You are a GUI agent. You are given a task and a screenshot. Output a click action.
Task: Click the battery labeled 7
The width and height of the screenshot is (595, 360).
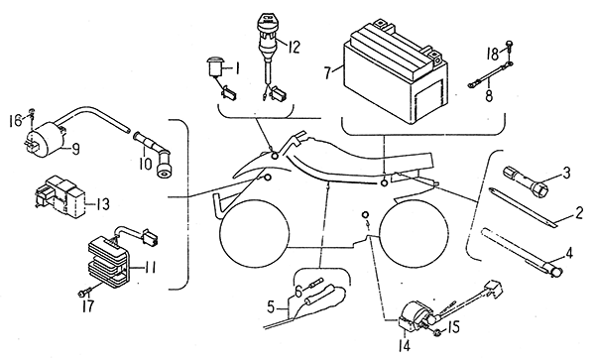coord(395,74)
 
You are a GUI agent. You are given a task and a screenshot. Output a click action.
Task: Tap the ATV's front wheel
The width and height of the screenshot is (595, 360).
coord(254,232)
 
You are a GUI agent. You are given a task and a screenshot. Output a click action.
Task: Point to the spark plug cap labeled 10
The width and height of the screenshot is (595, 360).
coord(153,153)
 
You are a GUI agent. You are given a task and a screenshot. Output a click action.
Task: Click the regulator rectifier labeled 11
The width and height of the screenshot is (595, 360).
coord(109,257)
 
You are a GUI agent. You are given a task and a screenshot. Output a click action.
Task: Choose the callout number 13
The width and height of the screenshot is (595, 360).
coord(101,204)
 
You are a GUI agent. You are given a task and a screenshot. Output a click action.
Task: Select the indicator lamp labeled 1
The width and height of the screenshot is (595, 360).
coord(215,66)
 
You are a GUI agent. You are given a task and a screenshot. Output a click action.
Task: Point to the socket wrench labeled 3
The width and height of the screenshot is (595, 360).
coord(525,180)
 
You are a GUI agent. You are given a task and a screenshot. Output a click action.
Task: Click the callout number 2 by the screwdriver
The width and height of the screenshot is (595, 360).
coord(578,212)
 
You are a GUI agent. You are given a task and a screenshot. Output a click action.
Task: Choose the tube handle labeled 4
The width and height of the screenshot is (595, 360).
coord(521,249)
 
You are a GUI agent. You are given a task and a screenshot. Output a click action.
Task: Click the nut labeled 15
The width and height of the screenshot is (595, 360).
coord(437,333)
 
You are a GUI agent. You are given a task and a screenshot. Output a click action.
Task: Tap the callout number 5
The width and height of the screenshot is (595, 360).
coord(270,306)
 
